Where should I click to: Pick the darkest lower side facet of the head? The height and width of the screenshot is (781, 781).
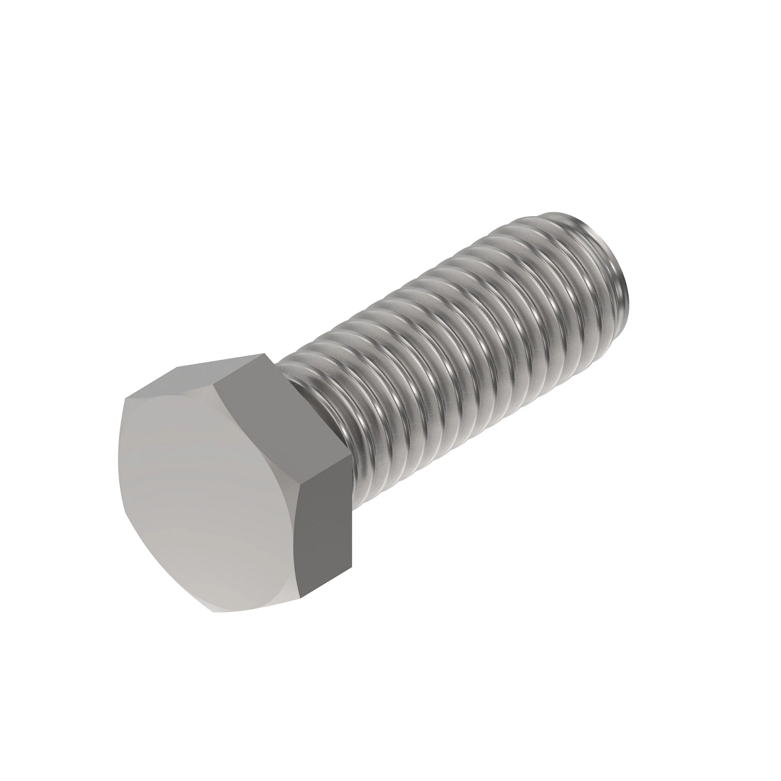pyautogui.click(x=325, y=527)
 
